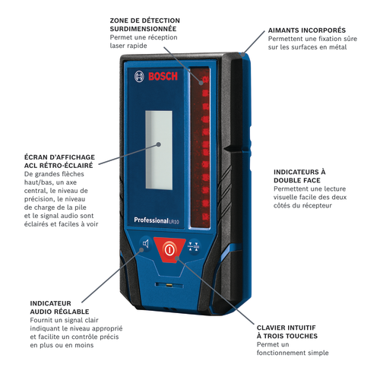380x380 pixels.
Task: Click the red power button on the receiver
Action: pyautogui.click(x=169, y=250)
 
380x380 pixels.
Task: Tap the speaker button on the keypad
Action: pyautogui.click(x=145, y=244)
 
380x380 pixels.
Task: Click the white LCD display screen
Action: pyautogui.click(x=159, y=150)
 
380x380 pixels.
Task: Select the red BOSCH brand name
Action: pyautogui.click(x=163, y=76)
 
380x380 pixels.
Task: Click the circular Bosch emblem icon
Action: pyautogui.click(x=139, y=76)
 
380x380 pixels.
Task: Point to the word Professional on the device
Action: pyautogui.click(x=151, y=220)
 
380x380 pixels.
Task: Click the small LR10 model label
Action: pyautogui.click(x=174, y=222)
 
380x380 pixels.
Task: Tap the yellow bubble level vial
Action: pyautogui.click(x=169, y=286)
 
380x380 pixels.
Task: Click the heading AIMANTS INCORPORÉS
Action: pyautogui.click(x=307, y=30)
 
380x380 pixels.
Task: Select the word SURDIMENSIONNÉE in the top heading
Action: pyautogui.click(x=143, y=29)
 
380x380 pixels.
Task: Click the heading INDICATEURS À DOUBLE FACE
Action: pyautogui.click(x=299, y=176)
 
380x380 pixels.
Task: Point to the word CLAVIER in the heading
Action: pyautogui.click(x=271, y=328)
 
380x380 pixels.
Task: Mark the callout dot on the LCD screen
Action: pyautogui.click(x=159, y=144)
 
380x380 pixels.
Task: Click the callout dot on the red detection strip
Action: pyautogui.click(x=201, y=83)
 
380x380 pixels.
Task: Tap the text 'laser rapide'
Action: pyautogui.click(x=128, y=46)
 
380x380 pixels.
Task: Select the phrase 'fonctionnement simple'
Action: pyautogui.click(x=293, y=353)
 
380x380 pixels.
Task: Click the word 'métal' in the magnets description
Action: pyautogui.click(x=337, y=47)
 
